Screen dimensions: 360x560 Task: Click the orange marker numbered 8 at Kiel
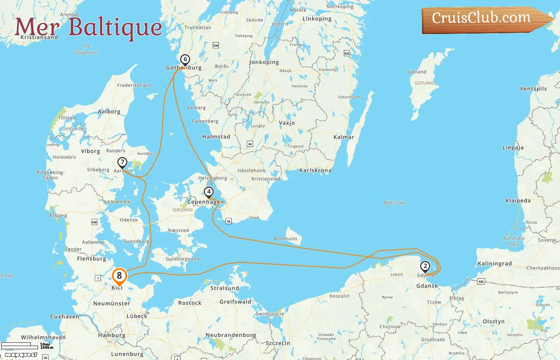(x=119, y=276)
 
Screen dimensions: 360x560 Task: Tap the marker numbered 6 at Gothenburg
(x=185, y=60)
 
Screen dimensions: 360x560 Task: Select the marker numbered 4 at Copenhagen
(x=208, y=192)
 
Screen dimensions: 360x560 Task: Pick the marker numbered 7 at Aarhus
(x=122, y=163)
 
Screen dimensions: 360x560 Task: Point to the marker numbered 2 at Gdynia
(x=425, y=266)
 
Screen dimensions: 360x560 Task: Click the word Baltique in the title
(x=115, y=28)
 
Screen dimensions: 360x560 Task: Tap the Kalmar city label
(x=344, y=137)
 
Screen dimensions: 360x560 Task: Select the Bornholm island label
(x=286, y=239)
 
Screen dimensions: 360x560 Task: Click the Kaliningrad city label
(x=494, y=264)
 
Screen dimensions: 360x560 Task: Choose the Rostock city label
(x=190, y=303)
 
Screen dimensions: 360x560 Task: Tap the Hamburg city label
(x=112, y=336)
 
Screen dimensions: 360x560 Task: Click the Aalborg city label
(x=109, y=112)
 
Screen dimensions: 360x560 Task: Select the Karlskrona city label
(x=315, y=170)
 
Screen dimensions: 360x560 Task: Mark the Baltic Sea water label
(x=394, y=203)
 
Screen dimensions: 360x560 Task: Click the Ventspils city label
(x=533, y=89)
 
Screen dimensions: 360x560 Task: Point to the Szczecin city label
(x=278, y=344)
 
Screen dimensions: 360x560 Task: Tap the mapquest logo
(x=21, y=355)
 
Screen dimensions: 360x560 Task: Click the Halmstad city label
(x=216, y=137)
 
